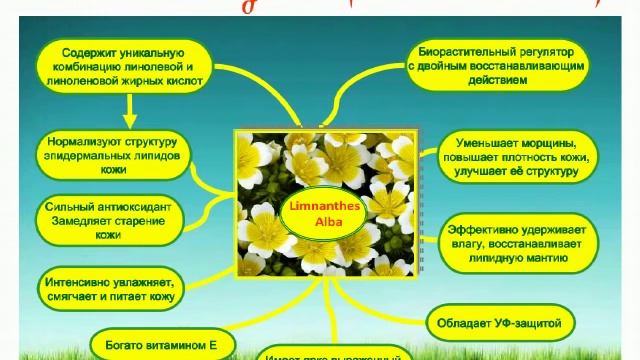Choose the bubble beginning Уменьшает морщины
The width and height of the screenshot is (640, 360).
516,155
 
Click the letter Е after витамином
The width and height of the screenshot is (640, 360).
213,343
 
